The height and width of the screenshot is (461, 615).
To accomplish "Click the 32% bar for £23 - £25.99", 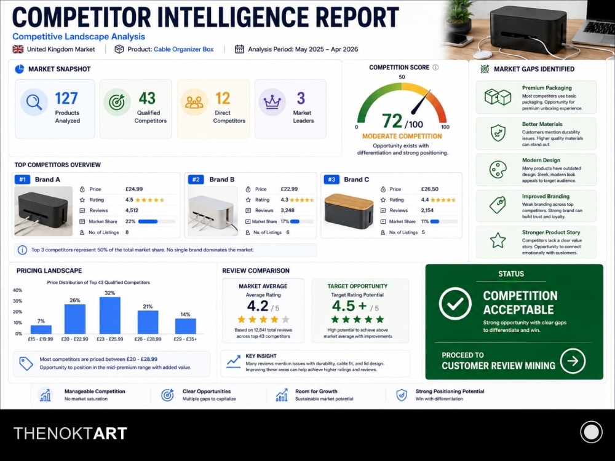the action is [110, 315].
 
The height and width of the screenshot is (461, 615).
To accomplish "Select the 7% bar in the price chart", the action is [41, 329].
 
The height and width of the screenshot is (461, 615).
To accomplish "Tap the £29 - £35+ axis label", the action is [185, 339].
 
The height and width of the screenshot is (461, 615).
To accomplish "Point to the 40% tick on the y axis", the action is [17, 291].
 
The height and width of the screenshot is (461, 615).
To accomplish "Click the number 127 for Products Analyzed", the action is [66, 98].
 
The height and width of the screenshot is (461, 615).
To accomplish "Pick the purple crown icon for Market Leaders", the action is [272, 102].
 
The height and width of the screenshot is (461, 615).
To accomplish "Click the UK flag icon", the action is [18, 49].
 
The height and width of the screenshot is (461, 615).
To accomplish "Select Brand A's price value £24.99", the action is [134, 189].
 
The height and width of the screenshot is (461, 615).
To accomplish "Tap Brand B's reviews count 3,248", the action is [287, 210].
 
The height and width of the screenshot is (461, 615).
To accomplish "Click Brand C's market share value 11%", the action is [425, 221].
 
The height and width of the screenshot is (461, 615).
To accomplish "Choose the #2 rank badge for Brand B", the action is [196, 179].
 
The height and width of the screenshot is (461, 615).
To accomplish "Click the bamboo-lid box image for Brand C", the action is [349, 211].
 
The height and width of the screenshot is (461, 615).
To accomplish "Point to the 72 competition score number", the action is [392, 121].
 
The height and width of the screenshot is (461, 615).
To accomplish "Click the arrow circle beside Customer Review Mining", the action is [573, 361].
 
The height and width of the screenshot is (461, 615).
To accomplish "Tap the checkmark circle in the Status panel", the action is [455, 304].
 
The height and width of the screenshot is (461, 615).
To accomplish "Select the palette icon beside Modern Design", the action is [498, 170].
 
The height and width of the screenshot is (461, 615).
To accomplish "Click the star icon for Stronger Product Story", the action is [498, 240].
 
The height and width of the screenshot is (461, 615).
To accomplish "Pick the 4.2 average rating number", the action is [258, 306].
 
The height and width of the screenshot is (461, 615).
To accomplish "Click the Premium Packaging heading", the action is [547, 88].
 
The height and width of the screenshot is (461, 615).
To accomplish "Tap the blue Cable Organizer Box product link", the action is [183, 49].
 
